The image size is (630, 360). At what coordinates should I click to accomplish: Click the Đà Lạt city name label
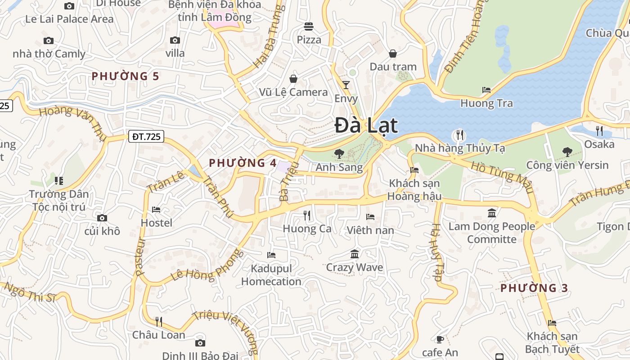click(x=366, y=126)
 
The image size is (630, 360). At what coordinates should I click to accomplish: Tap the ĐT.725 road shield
click(x=146, y=136)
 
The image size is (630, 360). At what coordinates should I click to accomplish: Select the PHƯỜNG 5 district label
click(x=126, y=76)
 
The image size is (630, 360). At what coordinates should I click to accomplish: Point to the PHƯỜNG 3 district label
click(x=534, y=288)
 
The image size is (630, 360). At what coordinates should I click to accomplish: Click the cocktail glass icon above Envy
click(x=346, y=85)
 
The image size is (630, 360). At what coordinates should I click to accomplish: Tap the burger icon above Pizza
click(x=309, y=27)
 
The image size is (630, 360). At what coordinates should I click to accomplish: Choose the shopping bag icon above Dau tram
click(x=393, y=54)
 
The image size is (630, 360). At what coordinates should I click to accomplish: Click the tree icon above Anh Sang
click(x=339, y=154)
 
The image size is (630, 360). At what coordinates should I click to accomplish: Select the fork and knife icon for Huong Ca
click(x=307, y=216)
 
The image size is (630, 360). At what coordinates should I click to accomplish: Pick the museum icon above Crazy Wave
click(x=355, y=254)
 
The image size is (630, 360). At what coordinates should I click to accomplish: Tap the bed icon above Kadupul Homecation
click(x=271, y=255)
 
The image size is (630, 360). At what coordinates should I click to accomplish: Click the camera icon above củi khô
click(x=102, y=218)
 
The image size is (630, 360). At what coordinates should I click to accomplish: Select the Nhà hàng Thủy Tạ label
click(x=460, y=148)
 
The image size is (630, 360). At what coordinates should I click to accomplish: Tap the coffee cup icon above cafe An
click(x=440, y=339)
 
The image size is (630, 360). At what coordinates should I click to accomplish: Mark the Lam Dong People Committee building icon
click(x=492, y=213)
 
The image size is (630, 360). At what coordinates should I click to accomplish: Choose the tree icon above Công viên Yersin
click(x=567, y=152)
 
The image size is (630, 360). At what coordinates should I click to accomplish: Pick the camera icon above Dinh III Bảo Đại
click(x=200, y=343)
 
